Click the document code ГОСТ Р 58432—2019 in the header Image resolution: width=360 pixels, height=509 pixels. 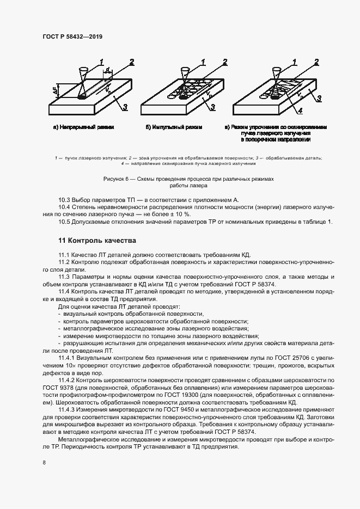[x=72, y=36]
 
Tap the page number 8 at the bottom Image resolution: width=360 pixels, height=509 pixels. [x=44, y=462]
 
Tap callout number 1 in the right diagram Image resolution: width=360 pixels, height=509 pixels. [x=295, y=62]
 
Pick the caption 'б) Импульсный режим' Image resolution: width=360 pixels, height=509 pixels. [x=174, y=127]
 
